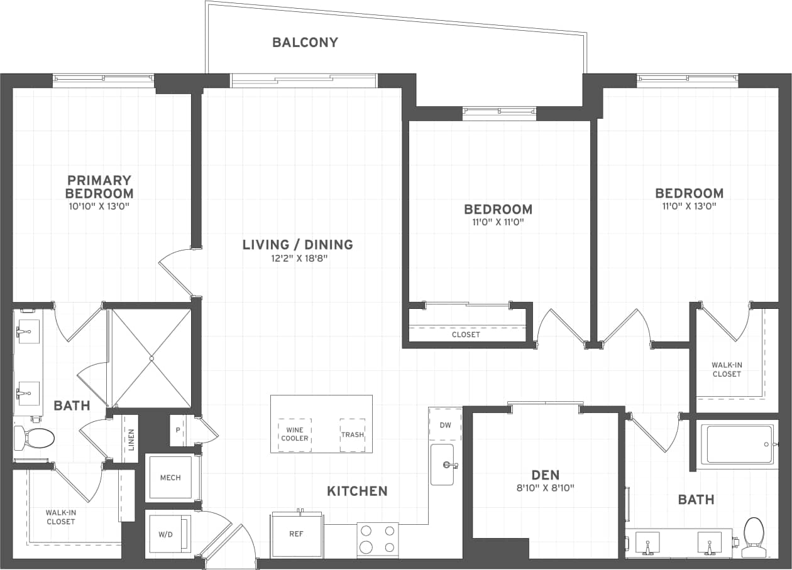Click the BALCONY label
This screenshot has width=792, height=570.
pyautogui.click(x=305, y=42)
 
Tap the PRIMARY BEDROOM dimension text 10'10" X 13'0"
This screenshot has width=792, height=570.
pyautogui.click(x=99, y=206)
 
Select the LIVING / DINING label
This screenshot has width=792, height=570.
pyautogui.click(x=298, y=245)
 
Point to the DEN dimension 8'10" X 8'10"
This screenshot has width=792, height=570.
pyautogui.click(x=545, y=487)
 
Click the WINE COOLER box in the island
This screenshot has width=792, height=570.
pyautogui.click(x=295, y=434)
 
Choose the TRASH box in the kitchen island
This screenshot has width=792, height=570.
pyautogui.click(x=352, y=434)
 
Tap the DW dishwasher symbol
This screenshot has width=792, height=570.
pyautogui.click(x=445, y=425)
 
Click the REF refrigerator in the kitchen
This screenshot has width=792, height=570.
pyautogui.click(x=297, y=535)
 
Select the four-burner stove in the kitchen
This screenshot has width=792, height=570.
pyautogui.click(x=378, y=539)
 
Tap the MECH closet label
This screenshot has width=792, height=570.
pyautogui.click(x=170, y=478)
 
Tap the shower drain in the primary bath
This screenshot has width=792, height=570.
pyautogui.click(x=151, y=359)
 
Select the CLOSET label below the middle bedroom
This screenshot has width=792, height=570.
pyautogui.click(x=466, y=335)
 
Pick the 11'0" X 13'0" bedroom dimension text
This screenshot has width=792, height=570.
pyautogui.click(x=689, y=206)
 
